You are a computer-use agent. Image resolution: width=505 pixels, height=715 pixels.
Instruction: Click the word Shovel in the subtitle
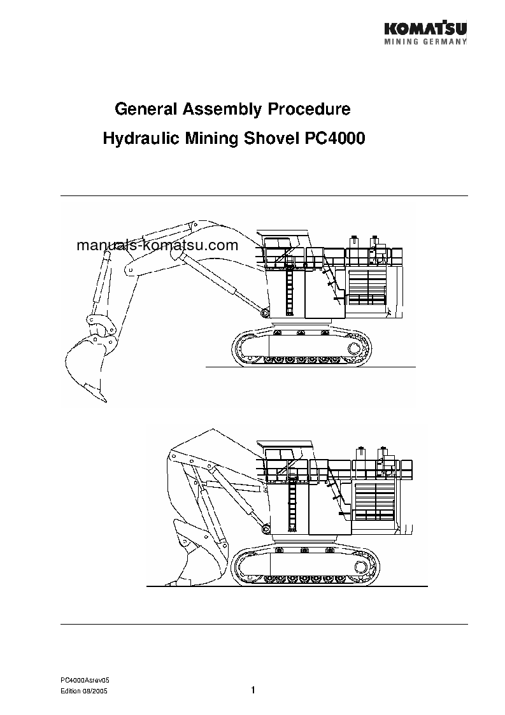pos(264,138)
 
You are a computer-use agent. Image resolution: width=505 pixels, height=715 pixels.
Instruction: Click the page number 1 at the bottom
pos(253,691)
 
